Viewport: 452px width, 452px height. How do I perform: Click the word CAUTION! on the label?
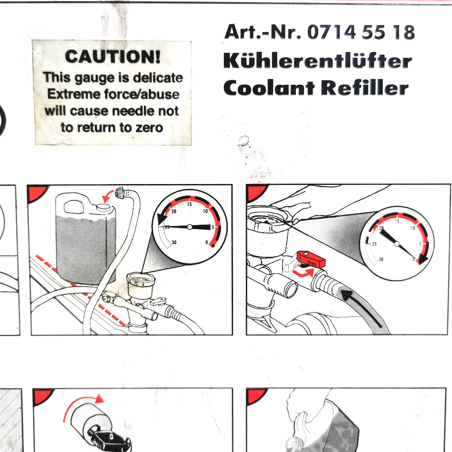tap(113, 56)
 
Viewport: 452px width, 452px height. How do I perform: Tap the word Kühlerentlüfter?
tap(318, 61)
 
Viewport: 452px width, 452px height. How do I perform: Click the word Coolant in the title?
tap(269, 88)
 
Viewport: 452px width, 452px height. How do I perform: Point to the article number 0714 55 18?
tap(361, 32)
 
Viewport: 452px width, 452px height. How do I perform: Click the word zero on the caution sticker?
tap(149, 128)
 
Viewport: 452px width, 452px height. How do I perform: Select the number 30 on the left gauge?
tap(174, 242)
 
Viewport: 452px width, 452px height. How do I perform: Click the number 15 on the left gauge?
tap(189, 204)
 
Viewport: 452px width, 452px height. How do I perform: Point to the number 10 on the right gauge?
tap(413, 228)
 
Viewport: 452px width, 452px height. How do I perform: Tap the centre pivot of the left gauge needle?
tap(189, 227)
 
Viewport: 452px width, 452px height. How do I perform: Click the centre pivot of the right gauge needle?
tap(397, 244)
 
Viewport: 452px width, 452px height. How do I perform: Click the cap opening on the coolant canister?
tap(103, 207)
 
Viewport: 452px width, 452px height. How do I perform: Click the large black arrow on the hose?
tap(362, 308)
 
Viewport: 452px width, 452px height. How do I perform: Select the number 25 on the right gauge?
tap(374, 244)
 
